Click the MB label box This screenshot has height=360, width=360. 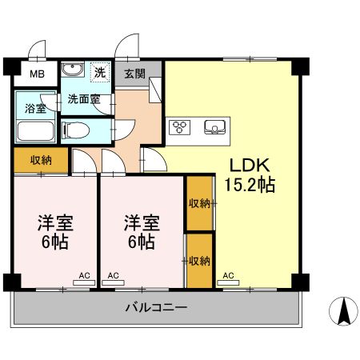point(38,76)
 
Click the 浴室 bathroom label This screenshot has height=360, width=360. point(34,108)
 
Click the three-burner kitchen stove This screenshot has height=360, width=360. point(179,127)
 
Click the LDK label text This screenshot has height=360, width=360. point(250,166)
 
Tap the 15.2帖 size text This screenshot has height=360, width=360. point(250,186)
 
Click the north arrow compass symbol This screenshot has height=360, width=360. point(344,311)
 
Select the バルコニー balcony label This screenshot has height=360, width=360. point(156,306)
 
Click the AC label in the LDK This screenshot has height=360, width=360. point(228,276)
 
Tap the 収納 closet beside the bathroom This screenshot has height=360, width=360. point(41,160)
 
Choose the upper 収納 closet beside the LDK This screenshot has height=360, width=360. point(199,203)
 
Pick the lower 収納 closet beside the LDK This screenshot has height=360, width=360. point(199,260)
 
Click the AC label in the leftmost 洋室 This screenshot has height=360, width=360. point(84,276)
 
